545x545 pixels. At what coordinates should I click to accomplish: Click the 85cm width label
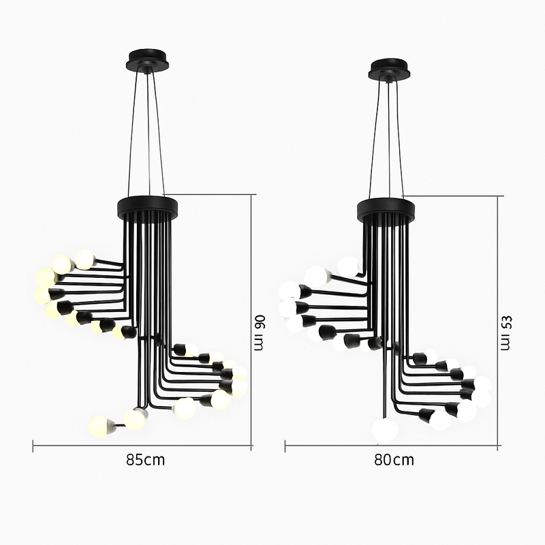click(x=145, y=460)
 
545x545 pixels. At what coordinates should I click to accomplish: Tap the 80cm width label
click(x=394, y=460)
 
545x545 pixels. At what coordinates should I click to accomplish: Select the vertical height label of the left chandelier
click(x=259, y=332)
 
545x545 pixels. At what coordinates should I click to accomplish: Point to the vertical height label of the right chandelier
click(x=505, y=332)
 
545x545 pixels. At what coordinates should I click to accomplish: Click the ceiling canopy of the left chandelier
click(x=149, y=60)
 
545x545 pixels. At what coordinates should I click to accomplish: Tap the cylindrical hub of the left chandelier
click(x=147, y=206)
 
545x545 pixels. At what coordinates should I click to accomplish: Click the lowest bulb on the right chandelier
click(x=385, y=430)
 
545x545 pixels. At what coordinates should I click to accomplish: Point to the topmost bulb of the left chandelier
click(x=84, y=259)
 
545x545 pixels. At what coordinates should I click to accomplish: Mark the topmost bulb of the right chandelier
click(x=348, y=266)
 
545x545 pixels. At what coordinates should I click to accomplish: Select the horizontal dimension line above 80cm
click(x=391, y=446)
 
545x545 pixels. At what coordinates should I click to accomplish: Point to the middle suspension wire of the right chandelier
click(x=389, y=136)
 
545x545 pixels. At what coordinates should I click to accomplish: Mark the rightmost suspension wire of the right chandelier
click(x=400, y=136)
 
